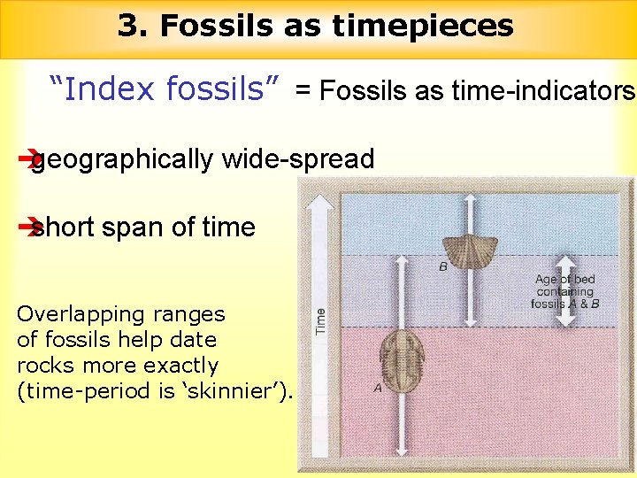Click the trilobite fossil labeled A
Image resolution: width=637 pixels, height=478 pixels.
point(403,351)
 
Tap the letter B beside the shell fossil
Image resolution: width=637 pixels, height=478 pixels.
point(442,266)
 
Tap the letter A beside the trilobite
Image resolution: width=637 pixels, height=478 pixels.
point(378,387)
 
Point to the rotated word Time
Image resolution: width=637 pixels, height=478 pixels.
point(320,320)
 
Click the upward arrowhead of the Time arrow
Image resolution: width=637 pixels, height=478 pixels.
point(320,200)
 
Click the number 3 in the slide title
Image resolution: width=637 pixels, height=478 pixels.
point(128,26)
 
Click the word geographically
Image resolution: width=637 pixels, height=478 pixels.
point(124,159)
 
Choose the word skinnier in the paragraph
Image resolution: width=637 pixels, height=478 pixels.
point(236,391)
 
